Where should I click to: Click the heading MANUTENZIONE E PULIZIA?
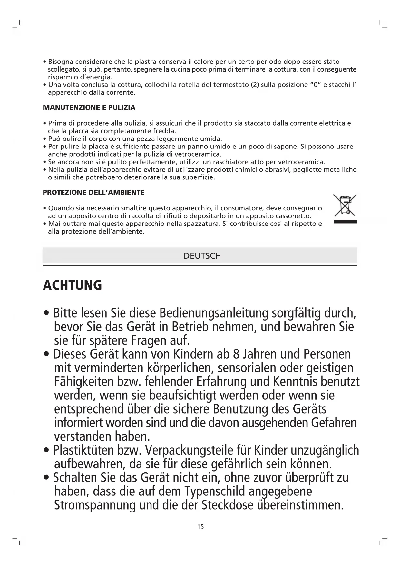point(89,108)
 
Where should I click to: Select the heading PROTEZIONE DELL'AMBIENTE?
point(93,193)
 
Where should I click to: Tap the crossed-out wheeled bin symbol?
point(345,205)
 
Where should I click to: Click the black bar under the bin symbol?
point(345,222)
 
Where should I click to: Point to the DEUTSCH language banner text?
point(202,256)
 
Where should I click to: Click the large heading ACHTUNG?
point(72,285)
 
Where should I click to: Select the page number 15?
point(200,527)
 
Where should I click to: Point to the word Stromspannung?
point(95,505)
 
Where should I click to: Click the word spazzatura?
point(199,224)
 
